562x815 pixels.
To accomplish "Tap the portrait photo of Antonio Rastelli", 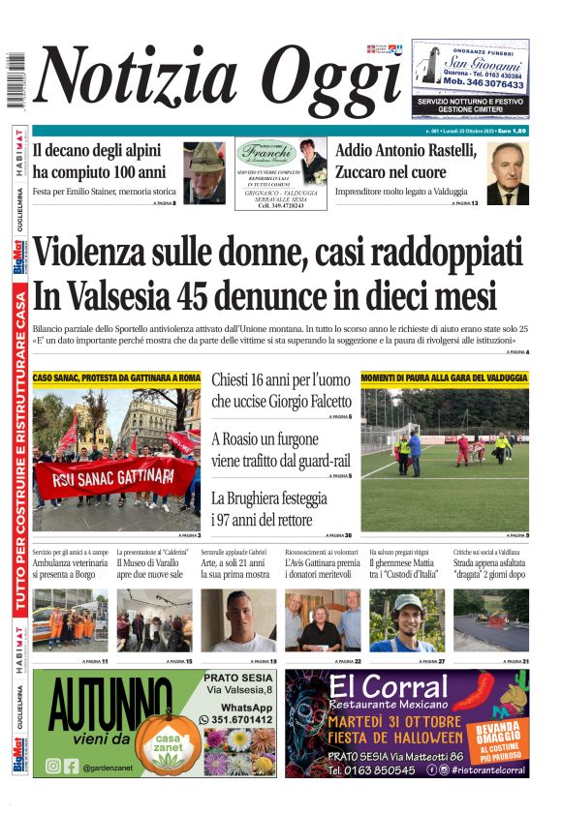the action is (507, 174).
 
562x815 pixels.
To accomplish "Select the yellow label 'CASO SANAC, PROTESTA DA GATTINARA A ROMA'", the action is (116, 377).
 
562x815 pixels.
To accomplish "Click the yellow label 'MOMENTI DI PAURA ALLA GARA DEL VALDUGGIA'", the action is (445, 377).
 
